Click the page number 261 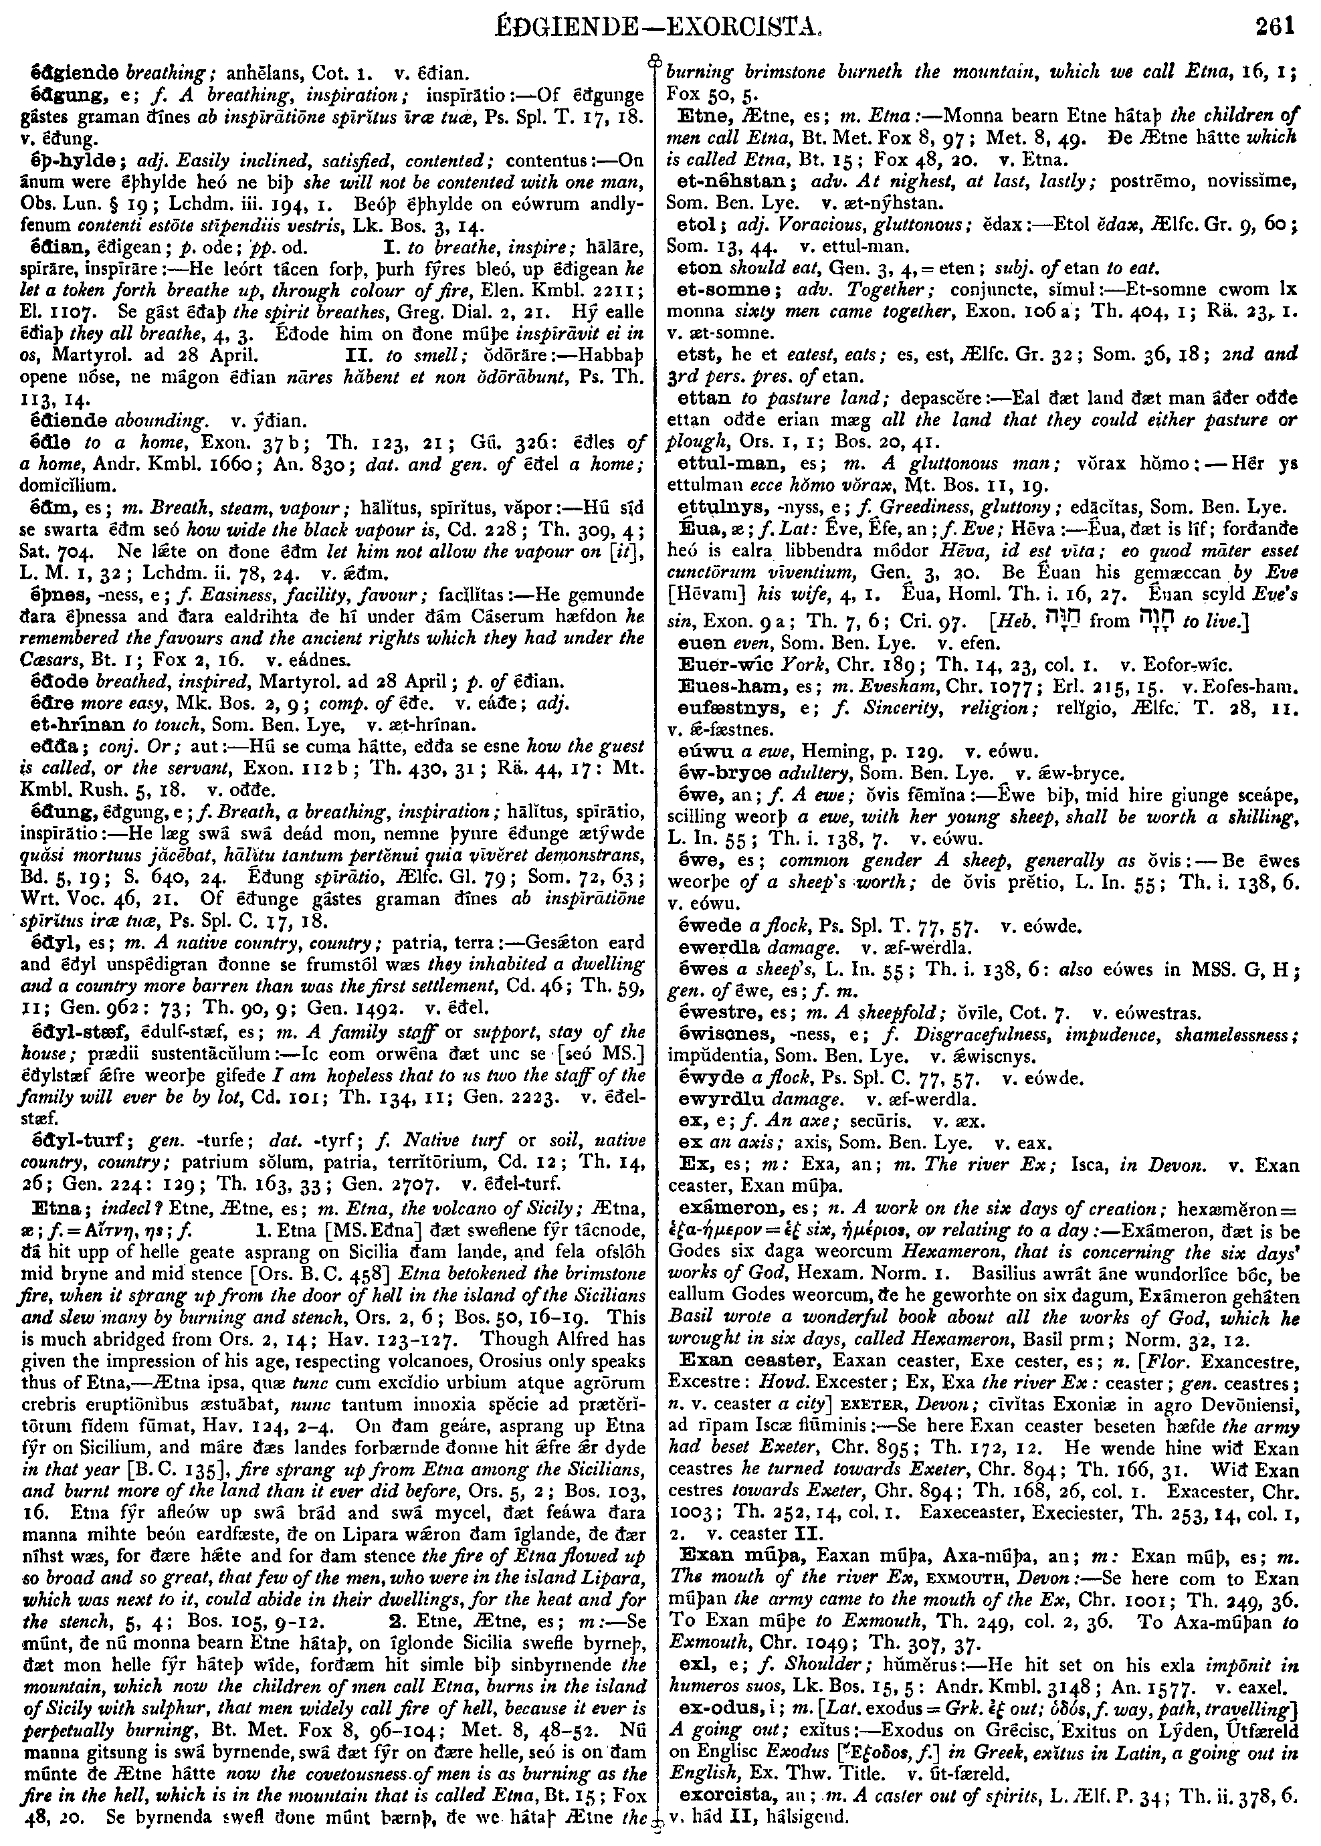pyautogui.click(x=1274, y=27)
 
